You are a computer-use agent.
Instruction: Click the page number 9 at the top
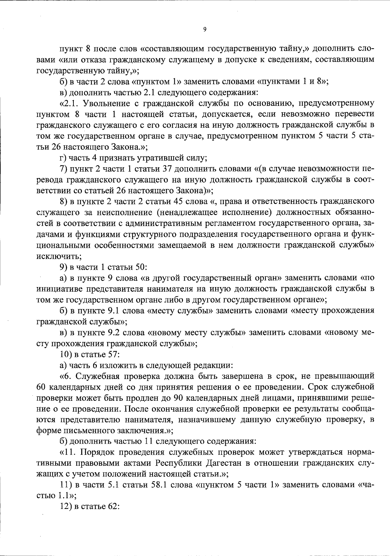point(204,30)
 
